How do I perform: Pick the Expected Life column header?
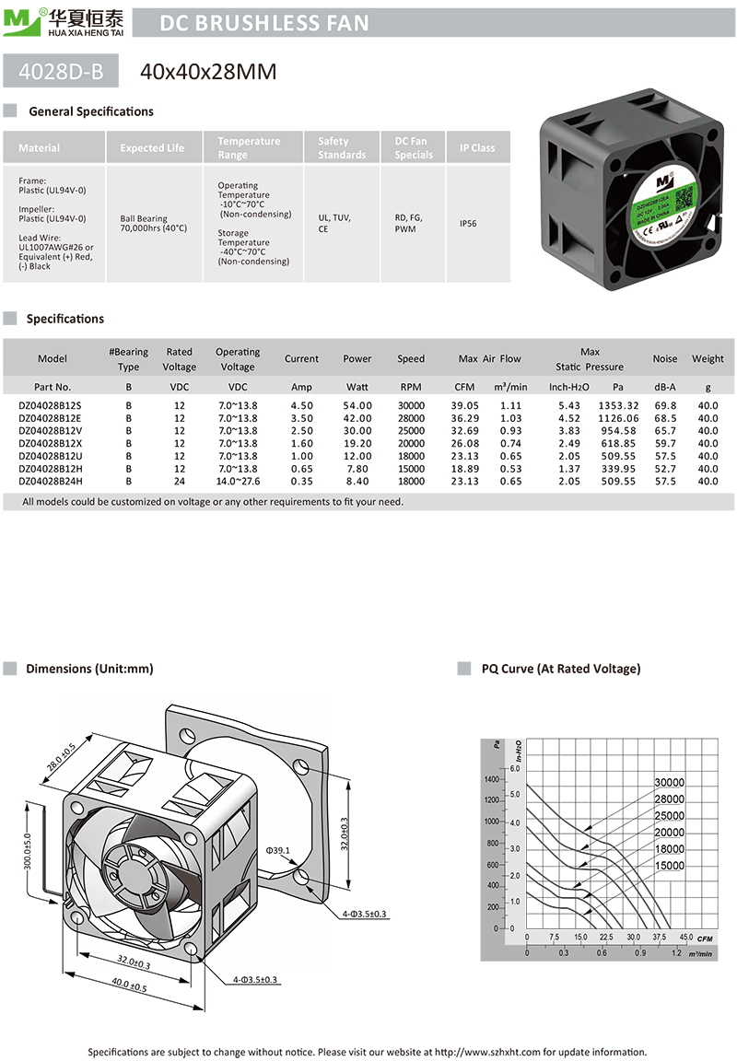tap(152, 148)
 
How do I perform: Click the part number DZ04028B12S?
tap(51, 405)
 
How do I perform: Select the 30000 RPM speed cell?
tap(411, 405)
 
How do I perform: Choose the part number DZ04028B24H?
tap(51, 481)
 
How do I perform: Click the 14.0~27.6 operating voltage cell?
tap(238, 481)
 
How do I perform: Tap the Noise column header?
tap(664, 359)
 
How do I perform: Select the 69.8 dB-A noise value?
tap(664, 405)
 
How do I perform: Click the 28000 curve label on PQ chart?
tap(670, 799)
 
